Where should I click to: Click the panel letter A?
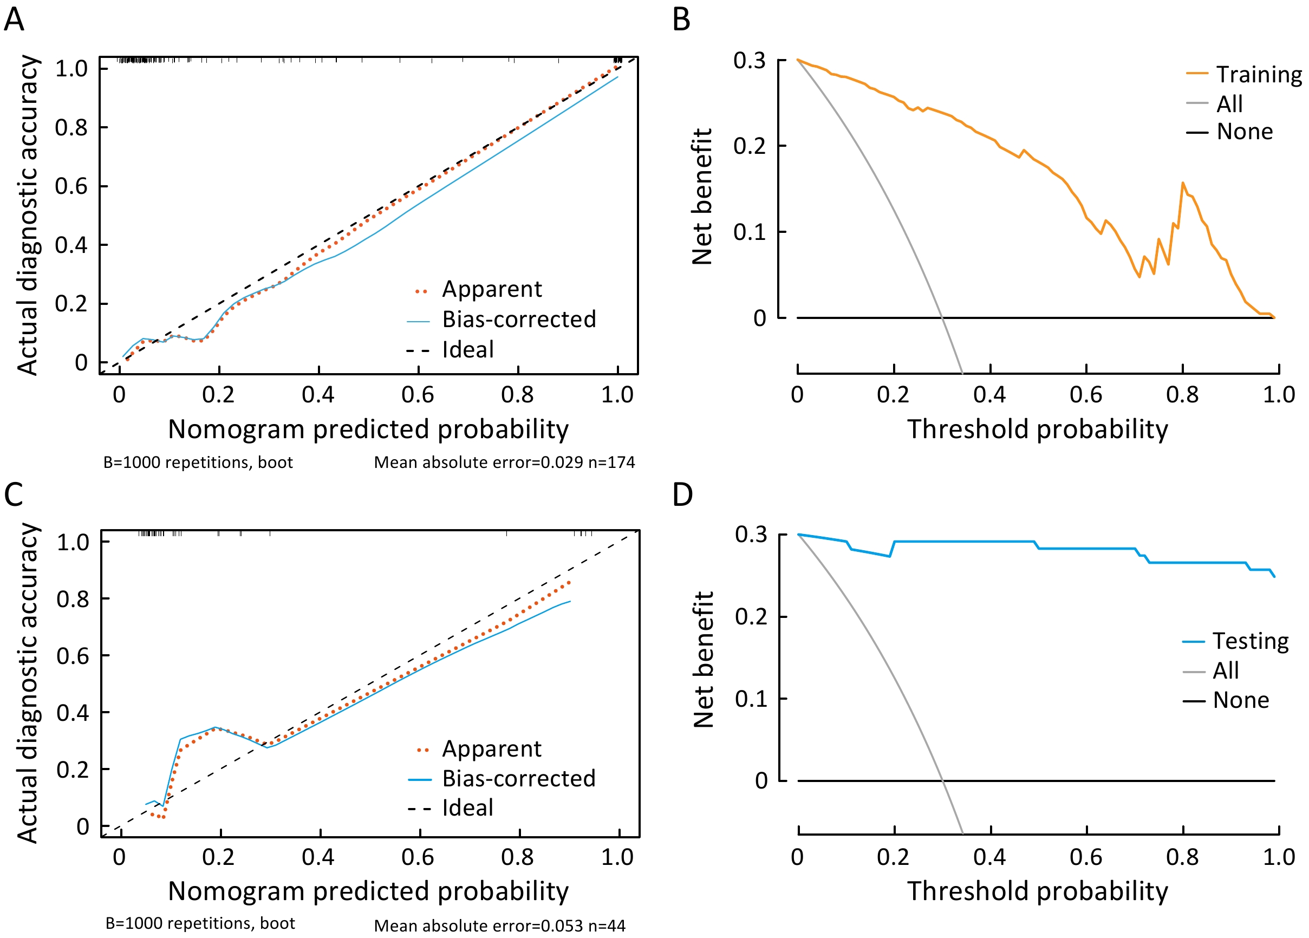click(15, 19)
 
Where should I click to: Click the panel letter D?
click(682, 494)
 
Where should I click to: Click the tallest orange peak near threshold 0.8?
click(1183, 183)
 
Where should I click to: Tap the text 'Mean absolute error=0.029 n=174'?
click(504, 463)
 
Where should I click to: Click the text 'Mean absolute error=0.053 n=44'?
click(499, 926)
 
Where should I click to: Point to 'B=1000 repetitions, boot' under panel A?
click(198, 463)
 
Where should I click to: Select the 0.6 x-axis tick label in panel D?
click(1086, 857)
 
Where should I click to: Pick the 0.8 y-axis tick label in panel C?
click(73, 598)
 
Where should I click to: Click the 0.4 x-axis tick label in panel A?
click(318, 395)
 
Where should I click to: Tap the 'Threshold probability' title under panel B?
click(1037, 429)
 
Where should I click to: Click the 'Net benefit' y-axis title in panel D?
click(703, 659)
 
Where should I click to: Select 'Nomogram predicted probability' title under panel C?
click(368, 891)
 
